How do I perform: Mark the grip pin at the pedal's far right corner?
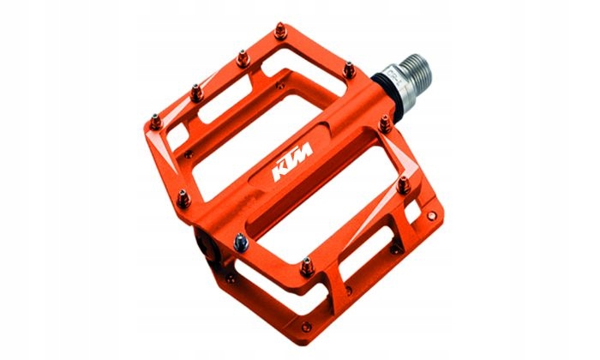point(403,183)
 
